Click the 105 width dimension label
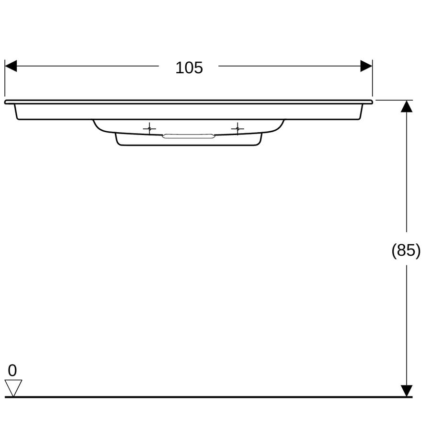coord(189,68)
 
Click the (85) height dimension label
coord(406,250)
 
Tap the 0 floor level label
coord(12,370)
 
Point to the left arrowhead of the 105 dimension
coord(11,66)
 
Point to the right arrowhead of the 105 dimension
coord(366,66)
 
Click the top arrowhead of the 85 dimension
coord(407,106)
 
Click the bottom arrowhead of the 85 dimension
coord(407,391)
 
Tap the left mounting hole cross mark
coord(149,128)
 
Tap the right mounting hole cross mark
coord(237,128)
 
